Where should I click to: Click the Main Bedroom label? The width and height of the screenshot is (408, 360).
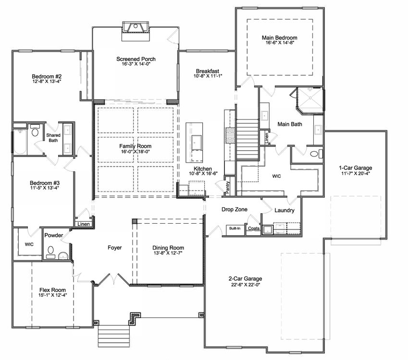click(280, 38)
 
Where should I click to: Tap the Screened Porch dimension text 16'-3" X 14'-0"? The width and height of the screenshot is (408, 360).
click(136, 64)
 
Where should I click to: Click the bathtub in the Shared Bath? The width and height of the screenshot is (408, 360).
click(20, 142)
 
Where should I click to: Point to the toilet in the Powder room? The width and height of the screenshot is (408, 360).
click(51, 252)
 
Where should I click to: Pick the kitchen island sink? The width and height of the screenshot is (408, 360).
click(197, 143)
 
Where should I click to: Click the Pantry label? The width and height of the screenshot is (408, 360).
click(228, 187)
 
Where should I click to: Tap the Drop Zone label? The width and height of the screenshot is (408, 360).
click(235, 209)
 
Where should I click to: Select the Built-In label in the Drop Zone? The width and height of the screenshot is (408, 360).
click(235, 228)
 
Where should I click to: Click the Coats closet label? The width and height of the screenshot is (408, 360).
click(254, 228)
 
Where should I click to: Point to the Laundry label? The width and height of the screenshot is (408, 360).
click(284, 210)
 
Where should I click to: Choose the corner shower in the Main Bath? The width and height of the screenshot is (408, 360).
click(310, 100)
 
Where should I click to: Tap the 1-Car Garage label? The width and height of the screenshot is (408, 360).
click(356, 168)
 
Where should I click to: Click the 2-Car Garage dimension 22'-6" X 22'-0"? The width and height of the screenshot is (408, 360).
click(246, 285)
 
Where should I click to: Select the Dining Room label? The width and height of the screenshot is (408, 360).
click(168, 248)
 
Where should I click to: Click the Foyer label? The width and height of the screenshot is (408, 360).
click(115, 248)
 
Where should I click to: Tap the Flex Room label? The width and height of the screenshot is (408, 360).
click(52, 290)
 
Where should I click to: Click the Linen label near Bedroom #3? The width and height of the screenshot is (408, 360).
click(84, 224)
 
